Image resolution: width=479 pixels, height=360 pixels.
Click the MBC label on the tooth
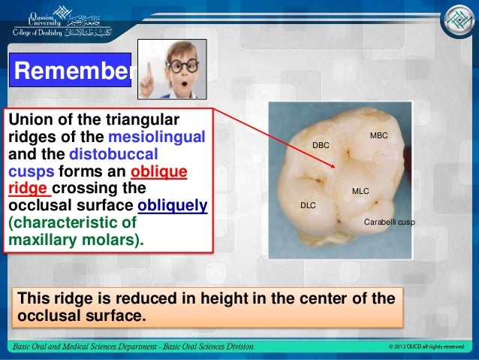[378, 135]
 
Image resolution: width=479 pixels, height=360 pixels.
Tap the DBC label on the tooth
[321, 143]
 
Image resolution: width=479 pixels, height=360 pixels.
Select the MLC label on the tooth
[360, 191]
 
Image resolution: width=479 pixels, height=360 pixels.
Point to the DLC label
[308, 204]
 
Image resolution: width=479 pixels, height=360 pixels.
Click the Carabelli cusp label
[389, 222]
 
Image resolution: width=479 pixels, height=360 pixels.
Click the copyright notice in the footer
[427, 346]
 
